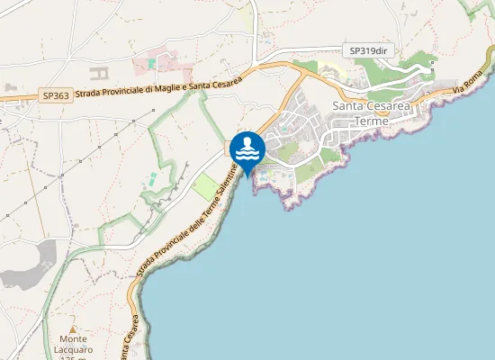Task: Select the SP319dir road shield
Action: (x=369, y=51)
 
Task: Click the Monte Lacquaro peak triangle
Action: (x=73, y=329)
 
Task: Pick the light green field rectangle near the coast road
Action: (x=206, y=187)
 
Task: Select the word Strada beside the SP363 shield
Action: (x=87, y=92)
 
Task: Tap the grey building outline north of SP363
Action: (x=100, y=68)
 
